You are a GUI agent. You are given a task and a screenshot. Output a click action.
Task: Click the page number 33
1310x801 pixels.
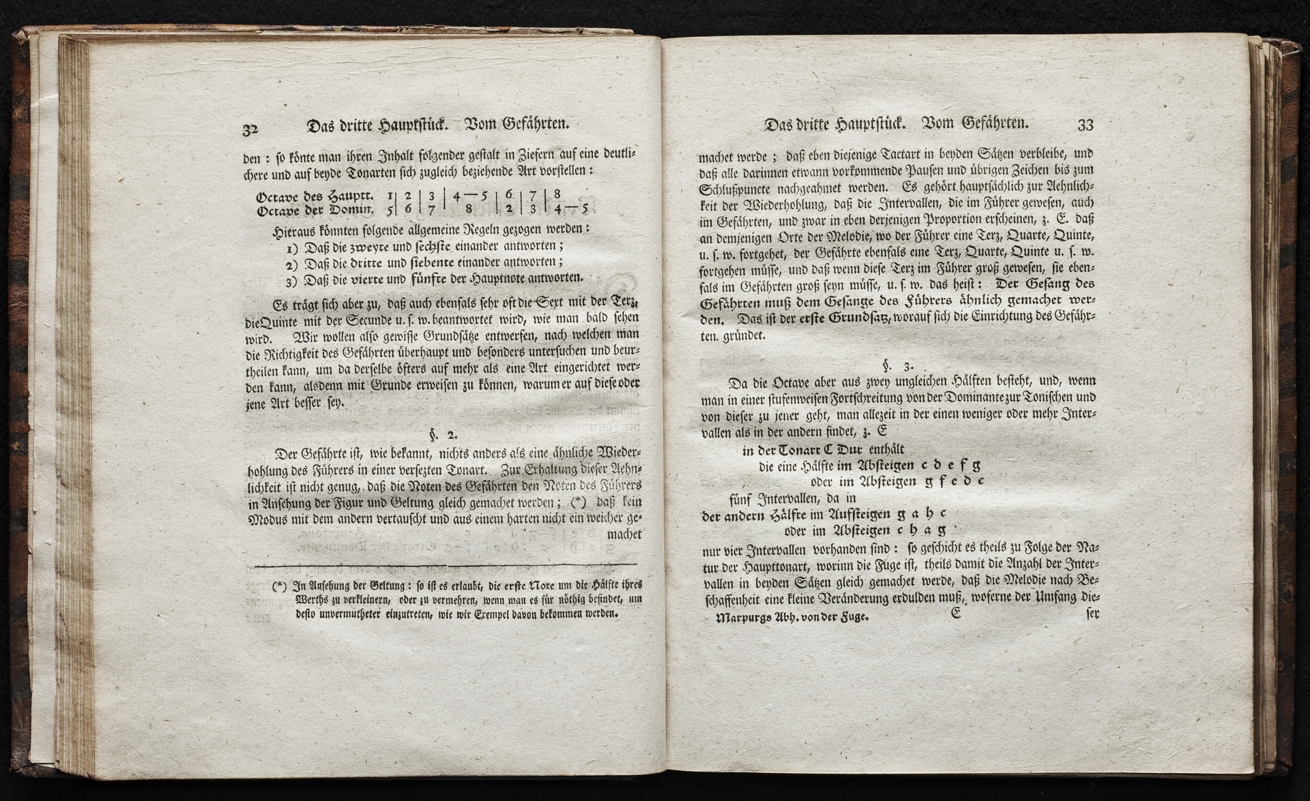pos(1085,125)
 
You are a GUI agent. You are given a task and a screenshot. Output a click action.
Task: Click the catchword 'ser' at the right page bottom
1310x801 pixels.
pos(1090,613)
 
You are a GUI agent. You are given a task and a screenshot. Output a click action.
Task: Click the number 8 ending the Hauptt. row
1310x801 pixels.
pos(557,194)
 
